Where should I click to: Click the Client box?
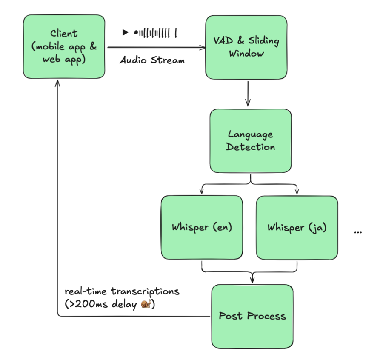pos(63,47)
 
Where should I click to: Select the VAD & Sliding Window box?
pos(246,47)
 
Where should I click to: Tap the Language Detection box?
pos(250,141)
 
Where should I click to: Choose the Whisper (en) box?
pos(201,227)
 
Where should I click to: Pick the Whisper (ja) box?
pos(297,228)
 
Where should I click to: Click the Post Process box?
pos(252,316)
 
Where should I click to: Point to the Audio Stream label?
pos(152,60)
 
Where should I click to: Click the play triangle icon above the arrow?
pos(125,32)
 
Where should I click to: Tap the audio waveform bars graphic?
pos(155,33)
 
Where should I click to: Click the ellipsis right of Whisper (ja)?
pos(357,232)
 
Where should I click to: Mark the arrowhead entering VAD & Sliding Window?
pos(203,47)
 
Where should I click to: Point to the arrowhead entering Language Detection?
pos(248,103)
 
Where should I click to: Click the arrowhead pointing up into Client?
pos(57,83)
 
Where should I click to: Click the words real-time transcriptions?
pos(122,292)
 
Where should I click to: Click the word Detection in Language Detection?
pos(250,147)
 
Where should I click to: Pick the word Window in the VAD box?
pos(246,54)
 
